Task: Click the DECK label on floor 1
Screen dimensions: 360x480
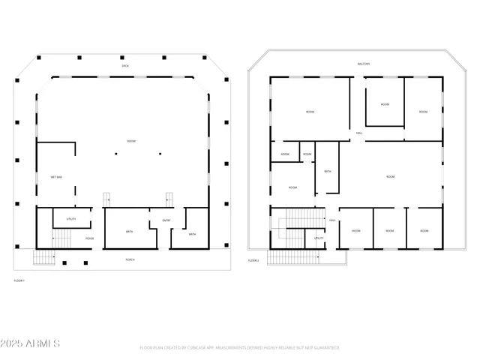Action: [x=126, y=67]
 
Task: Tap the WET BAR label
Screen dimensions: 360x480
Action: [x=56, y=177]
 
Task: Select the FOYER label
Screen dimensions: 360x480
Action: [x=89, y=238]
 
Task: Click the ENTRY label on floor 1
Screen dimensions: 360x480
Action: [x=166, y=220]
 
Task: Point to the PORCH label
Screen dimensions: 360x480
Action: [x=130, y=259]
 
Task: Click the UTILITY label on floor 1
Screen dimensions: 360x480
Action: [x=71, y=219]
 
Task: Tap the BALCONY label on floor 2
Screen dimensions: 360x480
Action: [x=364, y=64]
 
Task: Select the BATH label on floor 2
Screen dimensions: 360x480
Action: [x=327, y=172]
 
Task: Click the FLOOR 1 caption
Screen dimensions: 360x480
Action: [x=19, y=280]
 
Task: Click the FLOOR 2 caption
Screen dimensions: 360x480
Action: [x=253, y=260]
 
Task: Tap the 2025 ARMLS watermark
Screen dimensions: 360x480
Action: [x=31, y=343]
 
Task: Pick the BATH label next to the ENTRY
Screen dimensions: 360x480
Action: [x=192, y=235]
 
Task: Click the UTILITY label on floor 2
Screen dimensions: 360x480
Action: [x=319, y=238]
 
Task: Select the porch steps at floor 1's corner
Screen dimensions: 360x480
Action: [x=44, y=258]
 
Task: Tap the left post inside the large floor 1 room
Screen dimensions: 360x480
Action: [x=116, y=154]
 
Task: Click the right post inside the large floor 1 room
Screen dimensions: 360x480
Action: [x=159, y=154]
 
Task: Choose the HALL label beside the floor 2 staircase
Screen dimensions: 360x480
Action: [x=332, y=220]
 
